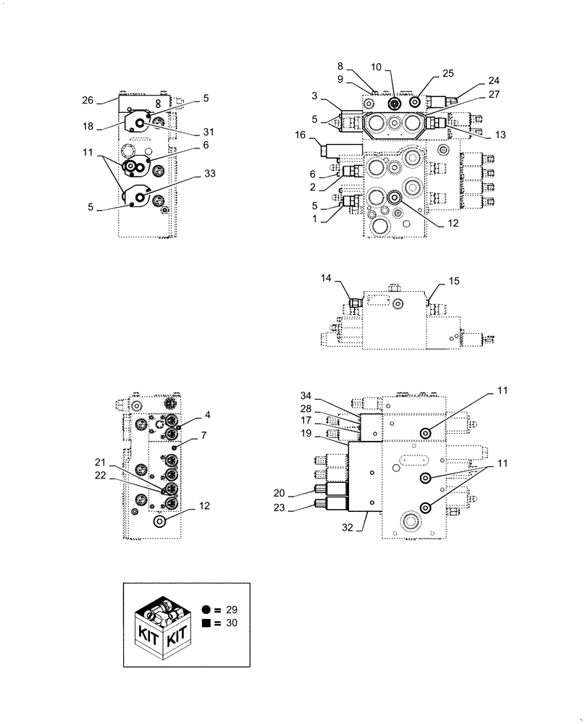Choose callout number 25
point(448,74)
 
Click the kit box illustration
point(162,627)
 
